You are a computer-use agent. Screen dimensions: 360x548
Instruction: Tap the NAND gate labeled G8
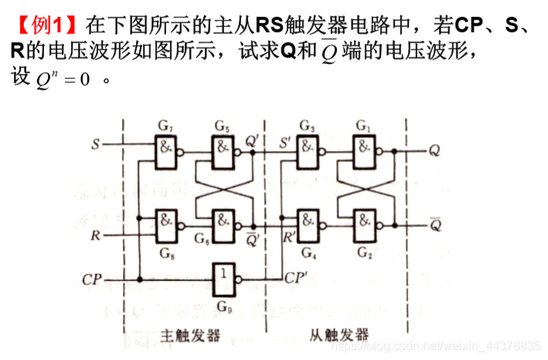[x=166, y=224]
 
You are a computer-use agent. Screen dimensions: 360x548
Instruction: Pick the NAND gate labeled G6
[x=223, y=224]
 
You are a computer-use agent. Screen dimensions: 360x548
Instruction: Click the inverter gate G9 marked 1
[x=223, y=276]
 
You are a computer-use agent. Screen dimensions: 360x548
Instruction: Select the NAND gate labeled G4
[x=308, y=224]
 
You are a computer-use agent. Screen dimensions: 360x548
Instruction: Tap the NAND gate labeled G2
[x=364, y=224]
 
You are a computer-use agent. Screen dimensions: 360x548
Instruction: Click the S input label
[x=96, y=144]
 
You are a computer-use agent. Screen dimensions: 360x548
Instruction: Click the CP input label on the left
[x=92, y=278]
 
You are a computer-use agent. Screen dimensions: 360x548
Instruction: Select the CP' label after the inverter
[x=298, y=277]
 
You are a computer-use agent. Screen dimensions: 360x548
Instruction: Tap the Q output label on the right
[x=434, y=150]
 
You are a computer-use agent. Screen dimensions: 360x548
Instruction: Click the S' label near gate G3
[x=284, y=141]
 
